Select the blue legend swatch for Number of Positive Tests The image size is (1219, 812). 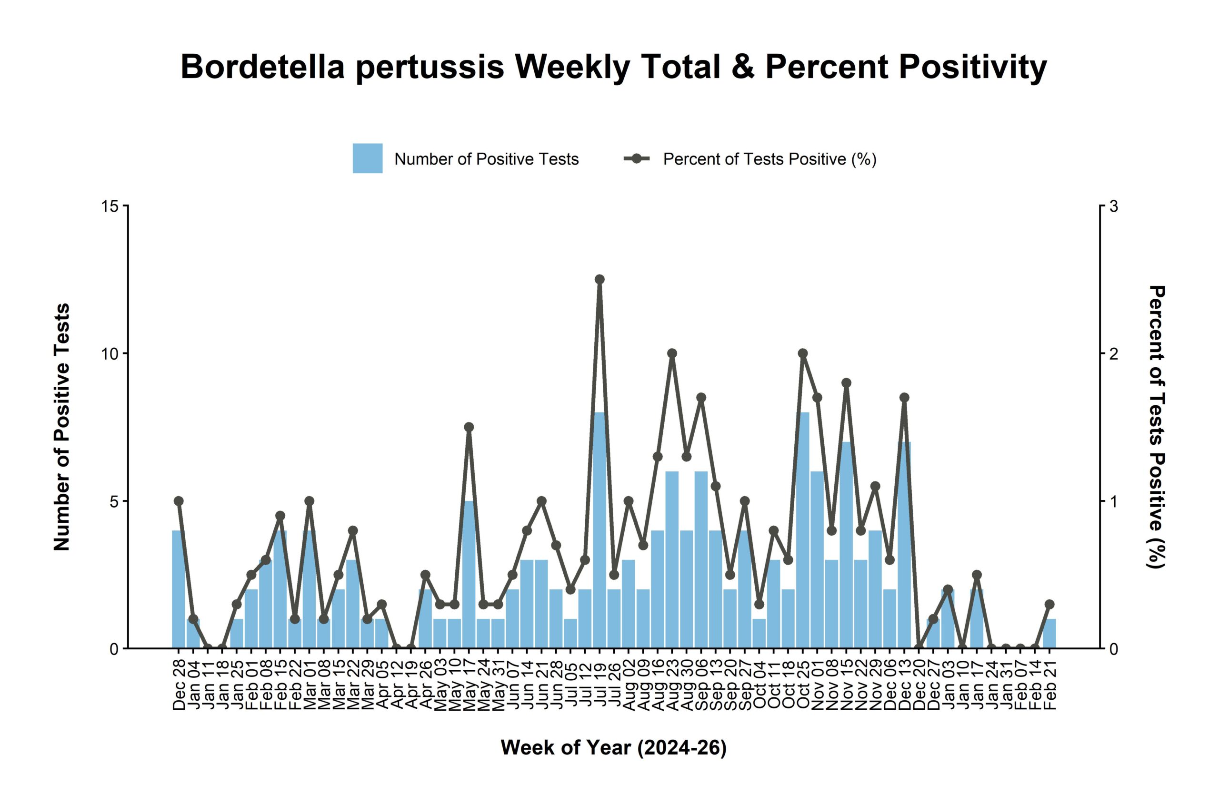click(x=368, y=158)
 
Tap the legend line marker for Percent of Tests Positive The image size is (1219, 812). click(x=637, y=158)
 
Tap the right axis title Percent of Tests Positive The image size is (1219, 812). click(x=1157, y=427)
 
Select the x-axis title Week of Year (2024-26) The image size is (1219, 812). click(x=614, y=748)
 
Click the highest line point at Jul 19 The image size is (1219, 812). click(x=600, y=280)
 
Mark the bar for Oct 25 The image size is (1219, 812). click(x=803, y=531)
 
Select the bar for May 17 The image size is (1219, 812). click(x=469, y=575)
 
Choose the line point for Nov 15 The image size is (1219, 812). click(x=846, y=383)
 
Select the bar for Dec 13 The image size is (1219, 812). click(x=904, y=545)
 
